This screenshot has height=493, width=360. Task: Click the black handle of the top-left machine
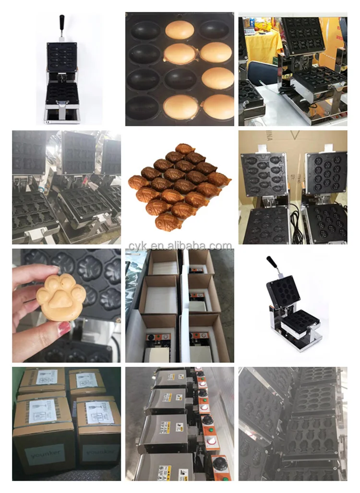click(x=62, y=22)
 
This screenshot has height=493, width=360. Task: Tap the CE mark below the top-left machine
click(x=48, y=121)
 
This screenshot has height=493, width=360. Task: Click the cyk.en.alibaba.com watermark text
click(x=180, y=246)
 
